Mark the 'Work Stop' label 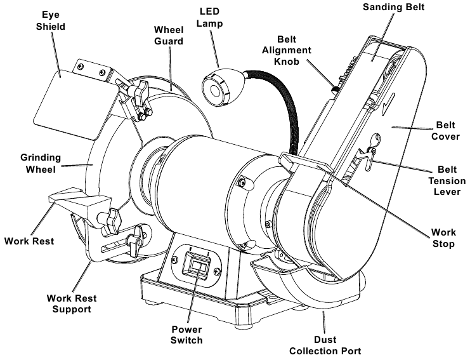point(442,238)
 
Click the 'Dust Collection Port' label point(325,344)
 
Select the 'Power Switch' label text point(187,334)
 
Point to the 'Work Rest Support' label point(70,303)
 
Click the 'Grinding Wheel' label point(40,164)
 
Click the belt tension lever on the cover point(365,155)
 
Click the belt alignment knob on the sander point(331,86)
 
